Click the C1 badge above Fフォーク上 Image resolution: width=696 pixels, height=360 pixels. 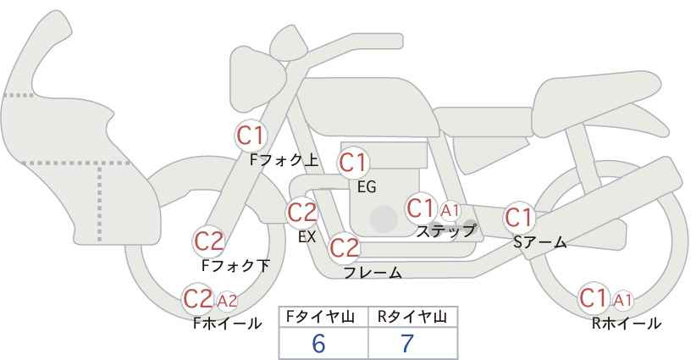pos(251,136)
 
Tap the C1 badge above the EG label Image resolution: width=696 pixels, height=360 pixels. pos(353,163)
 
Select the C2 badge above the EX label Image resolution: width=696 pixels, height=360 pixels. pos(302,213)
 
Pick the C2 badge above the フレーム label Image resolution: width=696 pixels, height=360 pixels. pos(345,247)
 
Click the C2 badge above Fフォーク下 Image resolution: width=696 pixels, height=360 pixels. pos(209,242)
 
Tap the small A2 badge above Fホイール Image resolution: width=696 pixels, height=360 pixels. pos(227,302)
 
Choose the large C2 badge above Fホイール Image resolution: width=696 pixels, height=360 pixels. pos(198,299)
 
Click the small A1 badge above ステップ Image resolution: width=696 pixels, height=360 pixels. pos(450,210)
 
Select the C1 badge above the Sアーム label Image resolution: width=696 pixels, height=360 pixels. pos(518,218)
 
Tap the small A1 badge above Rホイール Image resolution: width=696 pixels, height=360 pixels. pos(622,301)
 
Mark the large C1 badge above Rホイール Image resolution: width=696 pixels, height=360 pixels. pos(594,298)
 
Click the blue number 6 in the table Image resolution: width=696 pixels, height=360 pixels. pos(318,343)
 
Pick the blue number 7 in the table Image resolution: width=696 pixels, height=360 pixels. pos(407,343)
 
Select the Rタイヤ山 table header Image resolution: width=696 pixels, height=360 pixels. pos(412,317)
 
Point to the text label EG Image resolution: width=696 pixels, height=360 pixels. pos(367,187)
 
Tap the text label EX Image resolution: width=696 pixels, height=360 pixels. pos(307,237)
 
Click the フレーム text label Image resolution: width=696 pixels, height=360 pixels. pos(373,273)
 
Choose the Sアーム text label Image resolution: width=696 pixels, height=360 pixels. pos(539,242)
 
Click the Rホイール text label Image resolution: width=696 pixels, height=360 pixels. pos(627,324)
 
